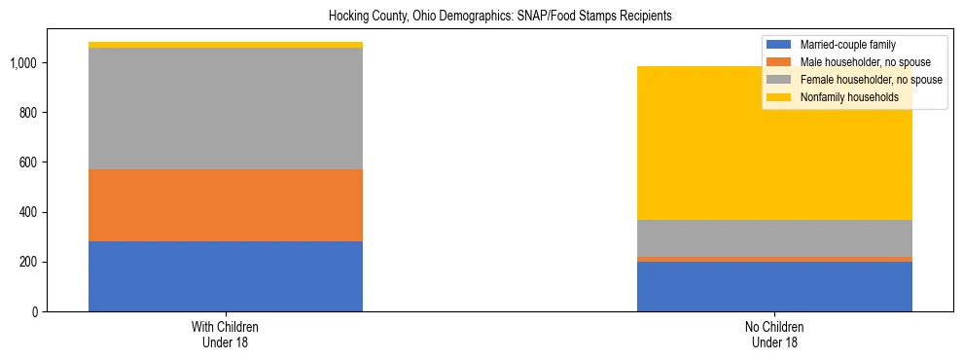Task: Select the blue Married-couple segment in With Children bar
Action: pos(226,276)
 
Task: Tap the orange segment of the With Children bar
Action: pos(226,205)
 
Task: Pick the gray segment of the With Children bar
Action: pos(226,109)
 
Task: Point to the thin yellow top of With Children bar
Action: pos(226,45)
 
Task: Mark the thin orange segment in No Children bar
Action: pos(774,259)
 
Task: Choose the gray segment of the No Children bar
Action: pos(774,238)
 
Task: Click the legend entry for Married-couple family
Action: pos(845,45)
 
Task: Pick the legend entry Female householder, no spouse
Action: pos(870,80)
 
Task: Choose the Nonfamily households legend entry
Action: pos(843,97)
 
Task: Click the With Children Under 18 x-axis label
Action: pos(226,334)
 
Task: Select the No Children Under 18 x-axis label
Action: pos(774,334)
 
